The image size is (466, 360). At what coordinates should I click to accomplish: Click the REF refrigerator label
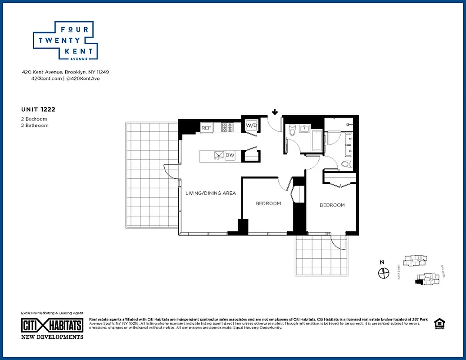(206, 128)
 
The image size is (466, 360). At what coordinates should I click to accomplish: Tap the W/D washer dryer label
(251, 126)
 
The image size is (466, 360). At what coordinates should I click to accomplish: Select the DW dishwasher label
(230, 155)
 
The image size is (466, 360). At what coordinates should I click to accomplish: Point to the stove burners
(227, 128)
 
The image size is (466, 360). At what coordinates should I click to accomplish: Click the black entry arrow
(275, 112)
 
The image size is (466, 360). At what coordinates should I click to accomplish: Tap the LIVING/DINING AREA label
(211, 193)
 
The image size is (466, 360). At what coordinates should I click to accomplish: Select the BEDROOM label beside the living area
(268, 203)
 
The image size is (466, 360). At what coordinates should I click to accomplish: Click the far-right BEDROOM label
(332, 205)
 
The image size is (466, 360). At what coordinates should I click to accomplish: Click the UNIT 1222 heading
(38, 109)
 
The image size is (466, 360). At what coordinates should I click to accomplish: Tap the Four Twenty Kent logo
(66, 40)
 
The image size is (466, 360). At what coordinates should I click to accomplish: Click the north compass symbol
(383, 273)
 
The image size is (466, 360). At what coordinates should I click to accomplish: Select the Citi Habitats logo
(52, 325)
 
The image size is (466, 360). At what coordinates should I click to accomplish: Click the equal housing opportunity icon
(439, 324)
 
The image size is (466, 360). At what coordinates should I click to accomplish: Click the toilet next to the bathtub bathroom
(291, 130)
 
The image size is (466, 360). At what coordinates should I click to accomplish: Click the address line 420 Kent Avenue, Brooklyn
(66, 72)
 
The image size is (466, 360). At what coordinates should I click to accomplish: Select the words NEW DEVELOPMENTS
(52, 337)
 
